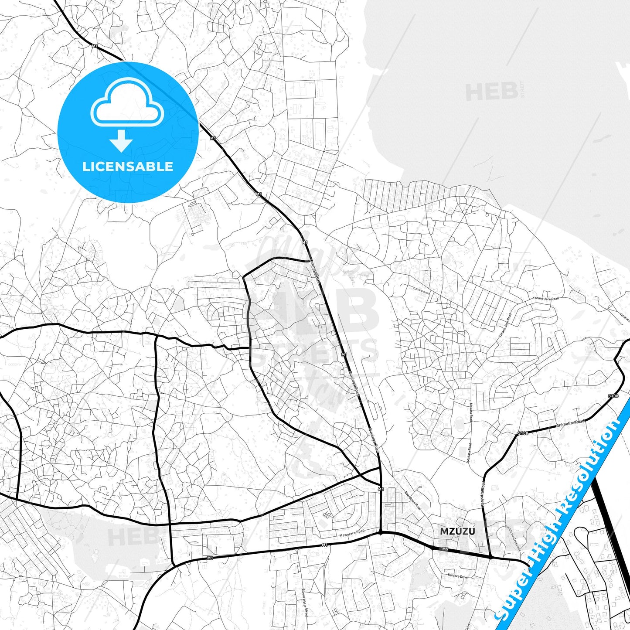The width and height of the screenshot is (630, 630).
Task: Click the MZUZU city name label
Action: (x=457, y=531)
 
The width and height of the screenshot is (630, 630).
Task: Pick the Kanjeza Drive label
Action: (x=456, y=576)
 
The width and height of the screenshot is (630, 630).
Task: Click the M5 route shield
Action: (x=445, y=549)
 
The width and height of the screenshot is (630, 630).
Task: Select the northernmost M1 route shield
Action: (x=95, y=46)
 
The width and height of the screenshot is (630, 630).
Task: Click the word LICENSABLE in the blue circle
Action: (x=128, y=166)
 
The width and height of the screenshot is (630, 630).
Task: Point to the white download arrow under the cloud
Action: (x=121, y=140)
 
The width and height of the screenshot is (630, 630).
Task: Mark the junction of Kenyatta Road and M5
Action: (x=491, y=557)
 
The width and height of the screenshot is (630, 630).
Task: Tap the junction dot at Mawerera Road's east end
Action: (x=381, y=532)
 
